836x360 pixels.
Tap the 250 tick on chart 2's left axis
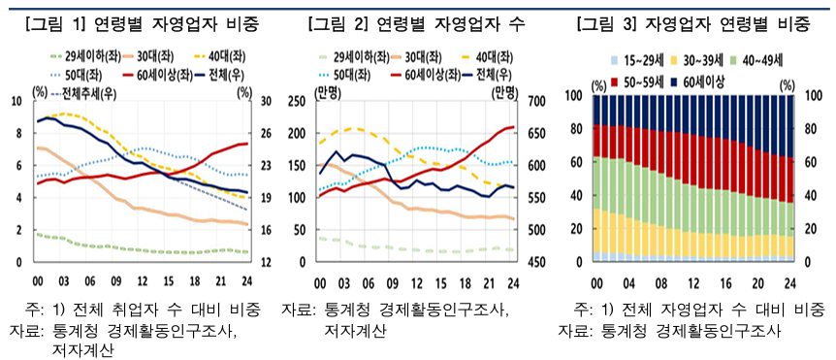point(296,101)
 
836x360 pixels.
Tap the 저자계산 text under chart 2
point(355,331)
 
